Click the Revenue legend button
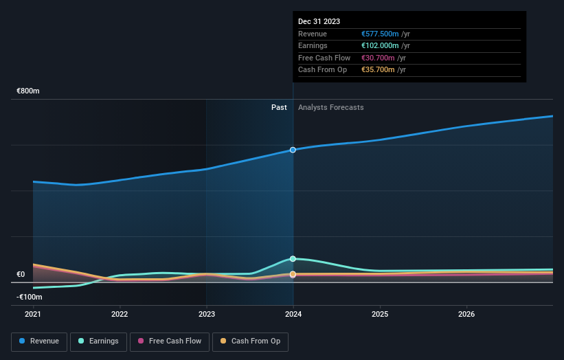(39, 341)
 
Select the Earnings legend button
(98, 341)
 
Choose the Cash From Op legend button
(251, 341)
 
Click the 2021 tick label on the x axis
(33, 314)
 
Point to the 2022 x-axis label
(120, 314)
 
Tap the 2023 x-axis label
(207, 314)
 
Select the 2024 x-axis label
(293, 314)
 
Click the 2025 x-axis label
(380, 314)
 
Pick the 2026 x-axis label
(466, 314)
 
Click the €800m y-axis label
(28, 91)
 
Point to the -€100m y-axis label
(30, 297)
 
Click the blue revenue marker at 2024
(293, 150)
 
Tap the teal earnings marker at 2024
(293, 259)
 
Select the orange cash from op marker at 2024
(293, 274)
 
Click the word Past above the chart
(279, 107)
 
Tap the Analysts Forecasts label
(331, 107)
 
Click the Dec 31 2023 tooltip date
(319, 22)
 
